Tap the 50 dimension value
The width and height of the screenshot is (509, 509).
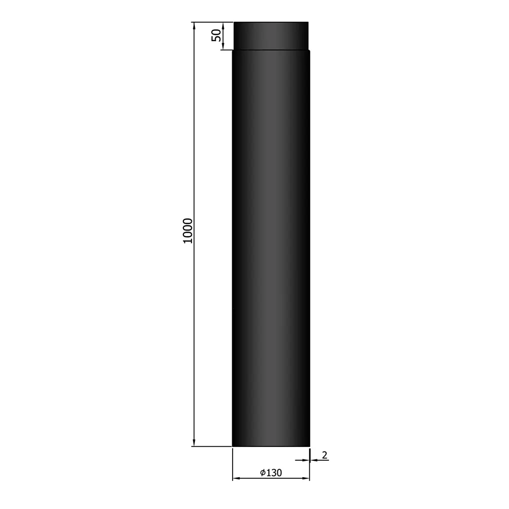pyautogui.click(x=216, y=35)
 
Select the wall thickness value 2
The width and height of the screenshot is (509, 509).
pyautogui.click(x=325, y=454)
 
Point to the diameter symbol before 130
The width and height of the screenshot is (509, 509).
pyautogui.click(x=262, y=473)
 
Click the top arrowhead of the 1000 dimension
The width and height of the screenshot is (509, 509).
pyautogui.click(x=194, y=26)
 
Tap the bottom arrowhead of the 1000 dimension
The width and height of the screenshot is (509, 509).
pyautogui.click(x=194, y=442)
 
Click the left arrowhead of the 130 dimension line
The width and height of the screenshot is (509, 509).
pyautogui.click(x=236, y=478)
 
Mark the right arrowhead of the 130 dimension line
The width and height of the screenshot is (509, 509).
pyautogui.click(x=306, y=478)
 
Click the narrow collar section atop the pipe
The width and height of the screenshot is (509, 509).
pyautogui.click(x=271, y=36)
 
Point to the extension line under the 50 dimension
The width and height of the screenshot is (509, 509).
pyautogui.click(x=226, y=50)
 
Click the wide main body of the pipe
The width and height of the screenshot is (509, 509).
pyautogui.click(x=271, y=249)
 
